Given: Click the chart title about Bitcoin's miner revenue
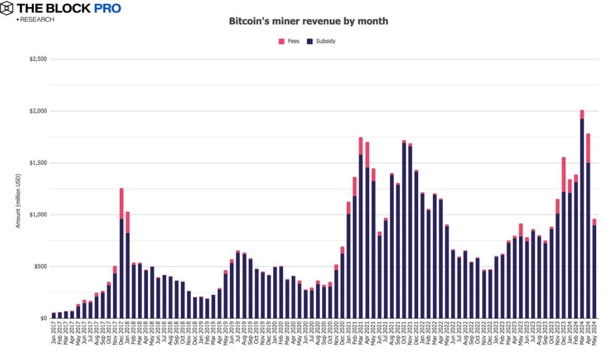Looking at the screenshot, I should [x=308, y=21].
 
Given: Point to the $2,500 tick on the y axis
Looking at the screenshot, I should [x=38, y=59].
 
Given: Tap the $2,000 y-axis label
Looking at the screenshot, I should [x=38, y=111].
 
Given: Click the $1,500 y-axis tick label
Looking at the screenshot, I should [x=38, y=163].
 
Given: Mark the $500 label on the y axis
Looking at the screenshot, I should [x=40, y=267].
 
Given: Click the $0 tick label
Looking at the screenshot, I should [x=43, y=318].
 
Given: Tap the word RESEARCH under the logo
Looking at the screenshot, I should [x=36, y=19].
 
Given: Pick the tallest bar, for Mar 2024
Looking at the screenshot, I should [x=582, y=215].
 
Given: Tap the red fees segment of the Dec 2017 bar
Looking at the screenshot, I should [x=122, y=203].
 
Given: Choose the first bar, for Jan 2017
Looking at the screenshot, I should [x=54, y=315].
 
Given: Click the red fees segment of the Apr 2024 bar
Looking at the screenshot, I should [x=588, y=148].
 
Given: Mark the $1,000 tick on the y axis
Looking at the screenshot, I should [x=38, y=215].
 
